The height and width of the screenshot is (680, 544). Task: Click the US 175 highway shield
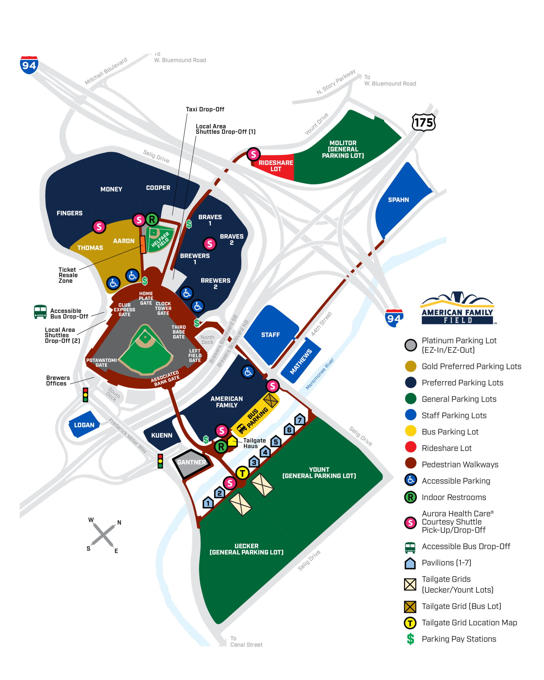point(424,122)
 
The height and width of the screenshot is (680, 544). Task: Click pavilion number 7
point(300,420)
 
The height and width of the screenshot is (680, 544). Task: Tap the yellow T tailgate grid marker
point(242,473)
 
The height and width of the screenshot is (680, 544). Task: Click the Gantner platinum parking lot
point(191,462)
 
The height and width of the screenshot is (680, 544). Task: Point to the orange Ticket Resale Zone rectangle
point(143,244)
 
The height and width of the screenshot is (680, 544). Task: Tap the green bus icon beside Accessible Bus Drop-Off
point(40,312)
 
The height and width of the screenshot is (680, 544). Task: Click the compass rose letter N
point(119,522)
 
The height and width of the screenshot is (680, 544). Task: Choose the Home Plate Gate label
point(146,298)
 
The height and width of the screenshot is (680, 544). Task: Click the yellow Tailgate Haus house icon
point(232,441)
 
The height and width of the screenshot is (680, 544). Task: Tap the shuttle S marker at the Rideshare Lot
point(253,154)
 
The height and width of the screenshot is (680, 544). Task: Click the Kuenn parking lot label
point(162,435)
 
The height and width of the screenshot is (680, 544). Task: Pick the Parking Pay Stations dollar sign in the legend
point(410,639)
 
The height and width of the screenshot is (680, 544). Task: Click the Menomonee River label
point(320,374)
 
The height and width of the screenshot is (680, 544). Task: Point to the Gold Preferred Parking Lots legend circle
point(410,366)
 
